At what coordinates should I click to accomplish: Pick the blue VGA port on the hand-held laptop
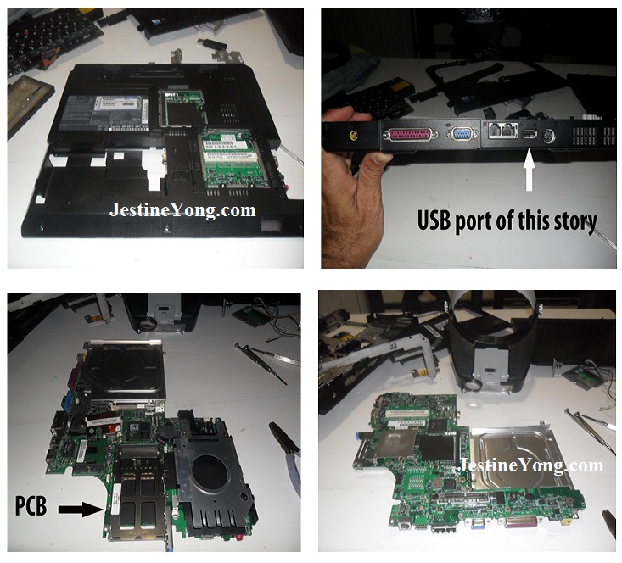pos(462,134)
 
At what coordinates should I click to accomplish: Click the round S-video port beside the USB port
pos(549,136)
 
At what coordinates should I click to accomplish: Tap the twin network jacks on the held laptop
pos(503,130)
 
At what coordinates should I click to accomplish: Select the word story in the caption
pos(574,221)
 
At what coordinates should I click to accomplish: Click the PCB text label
pos(31,506)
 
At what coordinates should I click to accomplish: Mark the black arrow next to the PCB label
pos(81,509)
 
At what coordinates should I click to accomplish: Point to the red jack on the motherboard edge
pos(239,537)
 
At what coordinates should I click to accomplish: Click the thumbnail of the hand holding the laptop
pos(469,138)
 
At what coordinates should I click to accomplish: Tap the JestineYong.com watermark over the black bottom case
pos(183,210)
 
